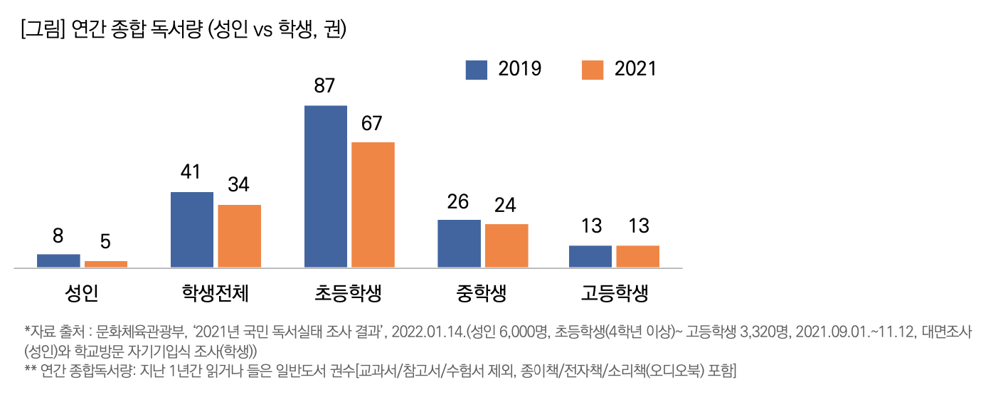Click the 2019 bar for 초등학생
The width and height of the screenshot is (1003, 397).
coord(325,186)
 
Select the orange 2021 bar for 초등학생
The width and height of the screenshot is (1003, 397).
coord(373,205)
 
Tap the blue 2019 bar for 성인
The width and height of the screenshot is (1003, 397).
coord(58,260)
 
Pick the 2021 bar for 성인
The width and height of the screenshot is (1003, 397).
coord(106,264)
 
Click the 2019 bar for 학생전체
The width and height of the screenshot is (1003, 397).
coord(192,230)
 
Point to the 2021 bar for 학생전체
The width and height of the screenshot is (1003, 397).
coord(239,236)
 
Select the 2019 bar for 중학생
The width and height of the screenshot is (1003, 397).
coord(459,243)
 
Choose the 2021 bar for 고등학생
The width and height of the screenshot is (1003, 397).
coord(637,256)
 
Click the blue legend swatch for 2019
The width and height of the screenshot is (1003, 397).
coord(477,69)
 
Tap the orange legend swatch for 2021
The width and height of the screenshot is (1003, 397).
coord(592,69)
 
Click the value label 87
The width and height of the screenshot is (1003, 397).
coord(324,87)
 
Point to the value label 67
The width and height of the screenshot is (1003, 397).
coord(372,124)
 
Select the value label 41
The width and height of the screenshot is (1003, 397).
coord(191,173)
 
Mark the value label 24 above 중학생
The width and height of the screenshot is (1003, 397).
coord(506,205)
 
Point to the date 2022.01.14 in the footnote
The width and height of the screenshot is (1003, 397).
coord(423,332)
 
